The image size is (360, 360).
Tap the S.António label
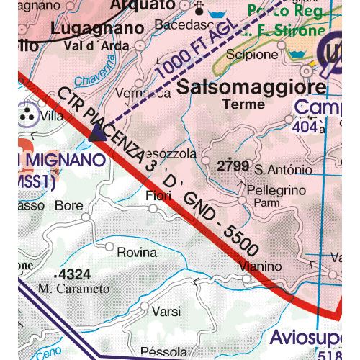(284, 171)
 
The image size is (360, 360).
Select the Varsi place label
(166, 311)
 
